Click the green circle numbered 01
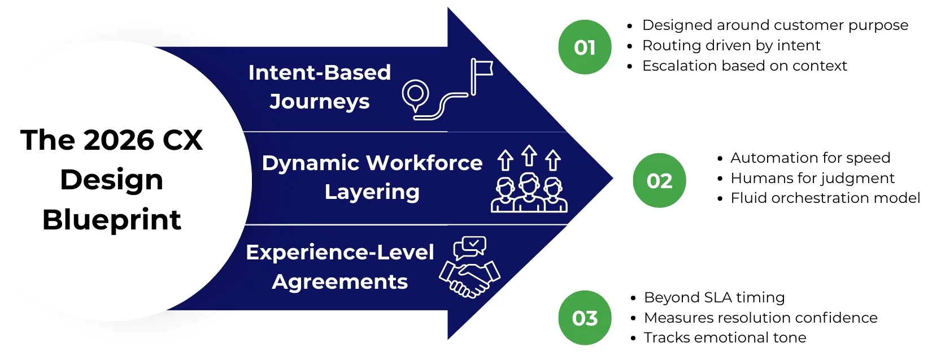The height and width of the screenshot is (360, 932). point(585,47)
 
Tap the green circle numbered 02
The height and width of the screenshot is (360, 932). point(659,180)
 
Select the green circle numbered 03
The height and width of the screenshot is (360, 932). point(585,318)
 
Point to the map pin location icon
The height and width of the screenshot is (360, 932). point(416,94)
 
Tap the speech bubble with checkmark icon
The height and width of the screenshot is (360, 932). point(469,247)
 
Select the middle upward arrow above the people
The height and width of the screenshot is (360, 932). point(529,155)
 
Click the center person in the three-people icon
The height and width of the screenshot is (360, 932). point(529,192)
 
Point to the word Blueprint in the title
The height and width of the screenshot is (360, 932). point(112,219)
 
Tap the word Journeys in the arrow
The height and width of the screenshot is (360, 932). point(319,102)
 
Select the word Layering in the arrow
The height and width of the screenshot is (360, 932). point(372,192)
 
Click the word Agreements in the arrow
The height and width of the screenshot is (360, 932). point(339,281)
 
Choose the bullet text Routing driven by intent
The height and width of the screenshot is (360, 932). point(731,45)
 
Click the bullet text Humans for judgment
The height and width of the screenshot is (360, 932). point(812,178)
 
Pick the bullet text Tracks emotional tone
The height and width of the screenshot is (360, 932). point(725,337)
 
